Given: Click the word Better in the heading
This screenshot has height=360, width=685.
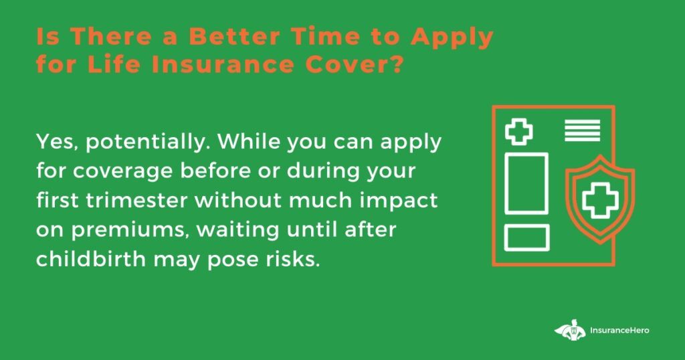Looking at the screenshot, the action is coord(235,37).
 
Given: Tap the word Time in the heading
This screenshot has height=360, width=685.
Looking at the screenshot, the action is coord(327,37).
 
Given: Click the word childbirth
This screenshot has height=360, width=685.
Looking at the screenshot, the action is coord(91,259).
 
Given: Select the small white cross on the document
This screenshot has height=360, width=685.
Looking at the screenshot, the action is coord(519,132).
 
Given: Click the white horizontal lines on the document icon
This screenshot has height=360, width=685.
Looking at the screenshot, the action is coord(583,130).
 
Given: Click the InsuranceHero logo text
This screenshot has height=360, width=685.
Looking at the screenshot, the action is coord(619,331).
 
